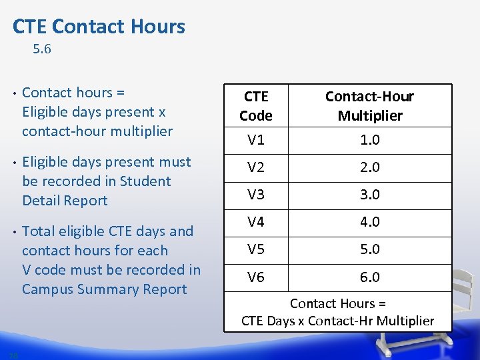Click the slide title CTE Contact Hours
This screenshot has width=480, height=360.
(99, 27)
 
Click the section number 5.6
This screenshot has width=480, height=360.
(42, 49)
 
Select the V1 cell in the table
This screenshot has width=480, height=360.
(256, 140)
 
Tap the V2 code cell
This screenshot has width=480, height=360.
(256, 167)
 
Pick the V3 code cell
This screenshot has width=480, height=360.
(256, 195)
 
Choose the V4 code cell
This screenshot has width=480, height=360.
(256, 222)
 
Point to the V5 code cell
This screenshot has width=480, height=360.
(256, 249)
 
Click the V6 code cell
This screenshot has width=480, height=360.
(256, 277)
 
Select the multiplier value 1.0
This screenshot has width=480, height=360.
(370, 140)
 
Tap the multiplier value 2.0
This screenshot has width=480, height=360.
(370, 167)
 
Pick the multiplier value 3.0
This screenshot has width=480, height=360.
(370, 195)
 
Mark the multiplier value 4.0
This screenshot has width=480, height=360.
(370, 222)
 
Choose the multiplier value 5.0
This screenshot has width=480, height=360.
(370, 249)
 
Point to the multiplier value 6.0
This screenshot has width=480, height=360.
(370, 277)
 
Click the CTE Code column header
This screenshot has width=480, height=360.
(256, 106)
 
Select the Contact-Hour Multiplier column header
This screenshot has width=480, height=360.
(370, 106)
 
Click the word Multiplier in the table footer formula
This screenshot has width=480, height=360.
(405, 321)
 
